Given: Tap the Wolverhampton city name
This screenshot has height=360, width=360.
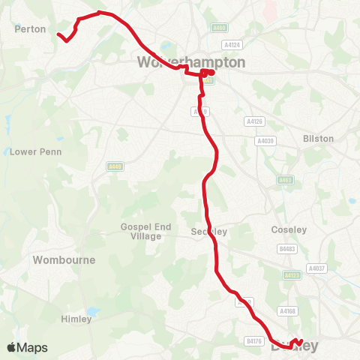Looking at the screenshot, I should tap(192, 62).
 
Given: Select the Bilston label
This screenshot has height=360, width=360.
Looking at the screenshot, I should tap(318, 139).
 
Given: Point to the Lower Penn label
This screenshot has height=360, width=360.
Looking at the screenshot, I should tap(35, 151).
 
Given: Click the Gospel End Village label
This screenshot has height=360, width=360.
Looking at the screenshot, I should tap(141, 231).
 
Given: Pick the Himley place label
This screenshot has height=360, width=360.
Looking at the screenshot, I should tap(76, 319).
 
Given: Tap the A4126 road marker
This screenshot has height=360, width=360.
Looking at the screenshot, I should tap(255, 121).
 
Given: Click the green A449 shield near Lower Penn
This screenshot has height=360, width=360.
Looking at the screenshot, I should tap(115, 166).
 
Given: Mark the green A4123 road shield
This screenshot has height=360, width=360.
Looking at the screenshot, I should tap(291, 275).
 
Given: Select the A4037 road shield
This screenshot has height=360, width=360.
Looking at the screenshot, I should tap(317, 268).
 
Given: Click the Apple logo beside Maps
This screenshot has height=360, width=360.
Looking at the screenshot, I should tap(12, 347).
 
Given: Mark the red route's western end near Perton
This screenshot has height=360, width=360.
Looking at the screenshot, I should tap(58, 34).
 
